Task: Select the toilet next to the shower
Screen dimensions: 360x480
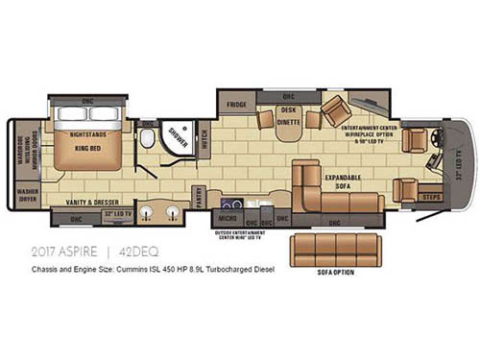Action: [147, 140]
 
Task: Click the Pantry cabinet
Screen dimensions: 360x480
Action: [199, 198]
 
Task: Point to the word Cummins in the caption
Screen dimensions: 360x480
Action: [168, 270]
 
